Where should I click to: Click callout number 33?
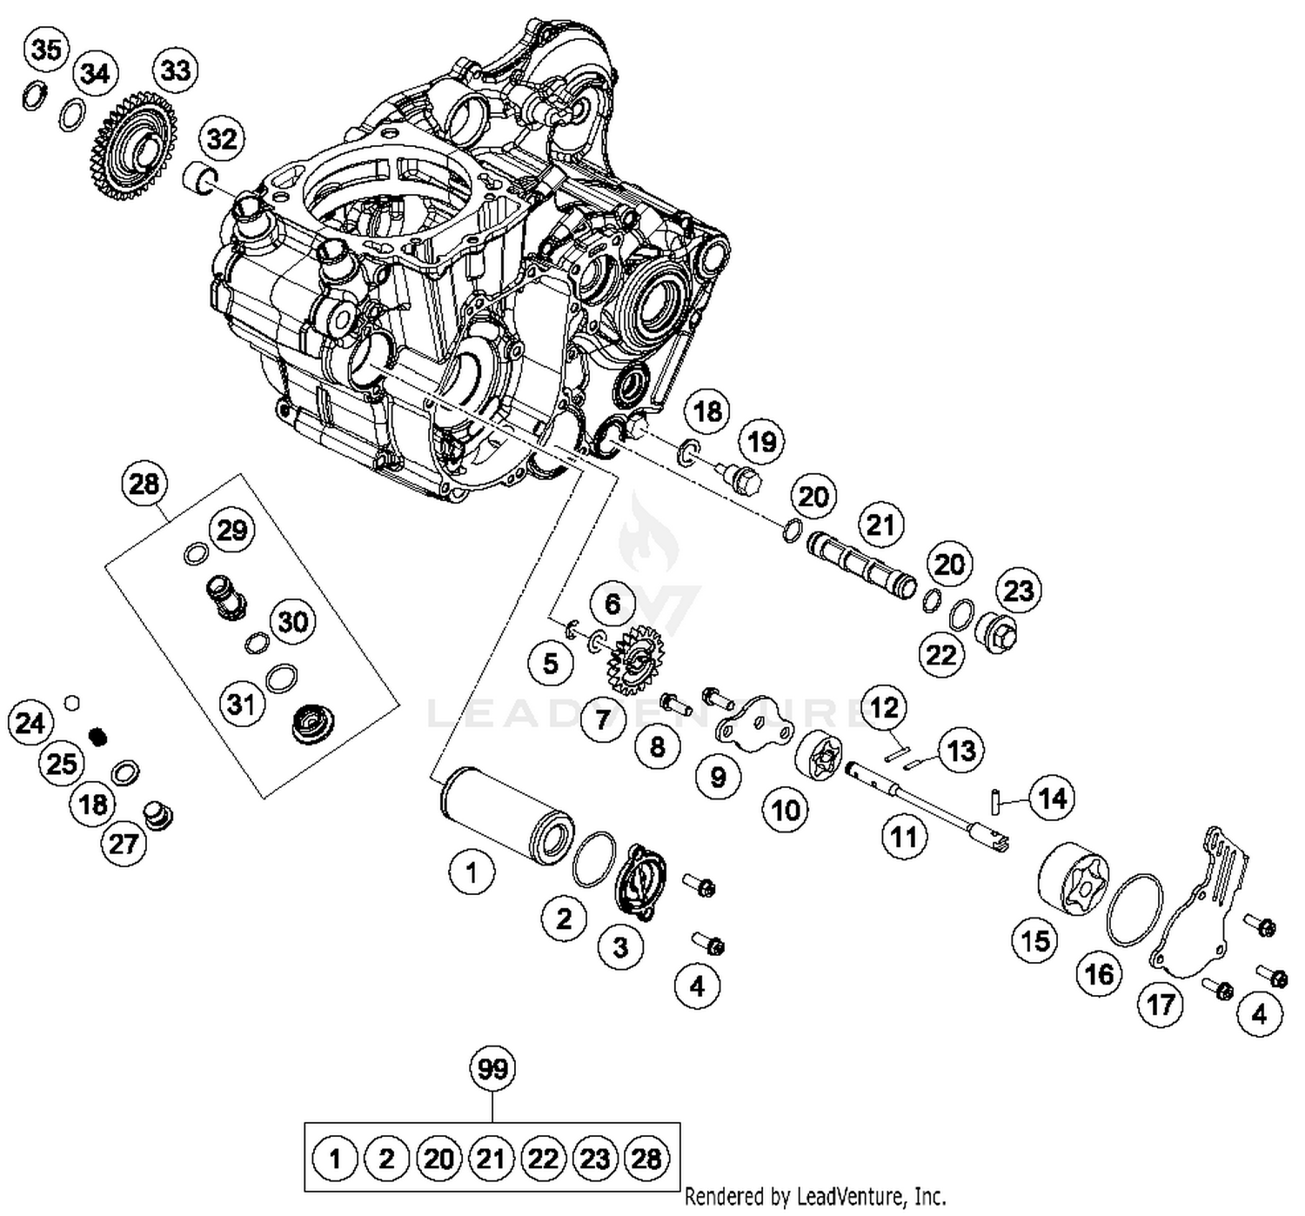click(175, 69)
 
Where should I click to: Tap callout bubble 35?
click(46, 50)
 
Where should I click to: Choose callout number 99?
click(492, 1068)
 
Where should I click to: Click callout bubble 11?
click(904, 837)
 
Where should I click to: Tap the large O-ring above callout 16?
click(1134, 908)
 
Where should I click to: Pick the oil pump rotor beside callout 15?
click(1074, 878)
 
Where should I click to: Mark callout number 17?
click(1161, 1005)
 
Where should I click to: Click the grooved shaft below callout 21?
click(860, 565)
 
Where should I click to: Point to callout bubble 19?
click(762, 441)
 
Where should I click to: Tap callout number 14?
click(1053, 798)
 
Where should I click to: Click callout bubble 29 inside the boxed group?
click(231, 530)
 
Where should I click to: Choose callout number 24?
click(30, 723)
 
